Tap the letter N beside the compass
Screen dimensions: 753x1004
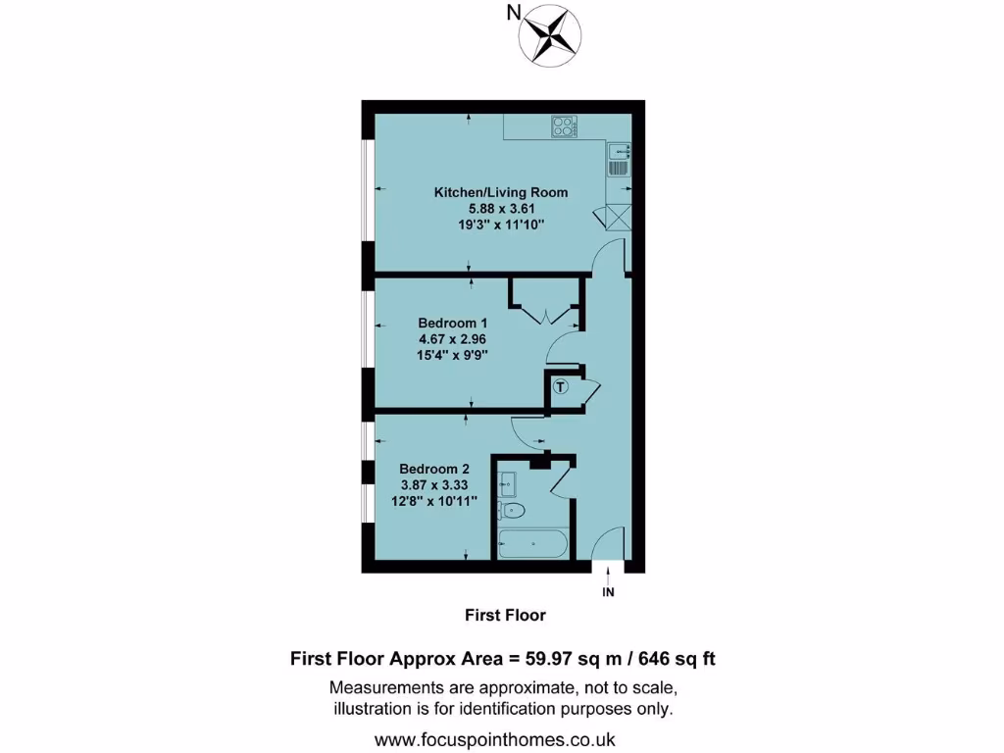coord(513,13)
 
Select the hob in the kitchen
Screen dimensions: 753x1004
coord(563,126)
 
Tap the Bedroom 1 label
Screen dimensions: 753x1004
coord(453,323)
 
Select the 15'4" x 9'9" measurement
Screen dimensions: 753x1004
coord(453,356)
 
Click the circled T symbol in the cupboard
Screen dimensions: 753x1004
coord(561,386)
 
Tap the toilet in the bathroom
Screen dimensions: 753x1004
coord(513,511)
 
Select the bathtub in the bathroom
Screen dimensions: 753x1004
coord(532,542)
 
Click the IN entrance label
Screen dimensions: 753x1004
coord(608,592)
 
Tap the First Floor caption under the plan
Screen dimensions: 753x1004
coord(504,616)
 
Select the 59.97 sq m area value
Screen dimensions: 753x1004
coord(573,659)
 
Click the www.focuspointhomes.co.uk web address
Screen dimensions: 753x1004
coord(501,739)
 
